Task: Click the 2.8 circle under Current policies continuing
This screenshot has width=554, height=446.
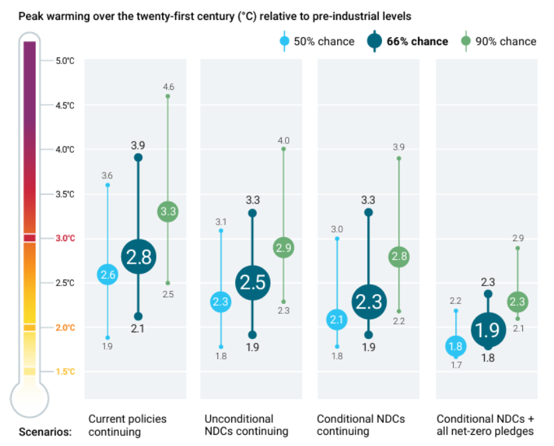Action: click(x=138, y=257)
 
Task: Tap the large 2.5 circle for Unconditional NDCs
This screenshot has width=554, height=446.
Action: click(x=253, y=282)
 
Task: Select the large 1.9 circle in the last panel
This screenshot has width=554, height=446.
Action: click(x=488, y=329)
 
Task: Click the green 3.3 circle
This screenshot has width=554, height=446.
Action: click(x=168, y=212)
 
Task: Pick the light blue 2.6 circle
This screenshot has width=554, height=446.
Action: click(x=108, y=274)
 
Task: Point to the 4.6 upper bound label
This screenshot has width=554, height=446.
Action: click(x=168, y=87)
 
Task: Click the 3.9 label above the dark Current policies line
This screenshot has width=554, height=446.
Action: click(x=138, y=145)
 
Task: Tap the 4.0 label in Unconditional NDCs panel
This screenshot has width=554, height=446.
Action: click(x=283, y=140)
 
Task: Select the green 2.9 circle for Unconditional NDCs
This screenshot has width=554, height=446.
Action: click(x=283, y=248)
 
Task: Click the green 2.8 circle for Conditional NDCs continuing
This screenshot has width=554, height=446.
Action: click(x=399, y=257)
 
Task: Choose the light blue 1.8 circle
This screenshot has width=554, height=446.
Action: click(x=455, y=346)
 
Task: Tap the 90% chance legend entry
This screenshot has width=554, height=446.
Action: click(x=498, y=42)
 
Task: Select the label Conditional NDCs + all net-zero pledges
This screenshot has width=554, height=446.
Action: click(x=485, y=425)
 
